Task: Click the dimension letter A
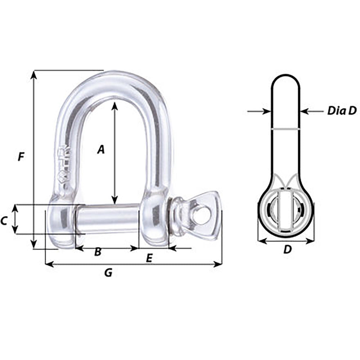click(101, 149)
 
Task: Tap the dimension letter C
click(4, 221)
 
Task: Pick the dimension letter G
click(108, 273)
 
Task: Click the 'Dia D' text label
click(341, 111)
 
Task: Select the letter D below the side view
click(287, 249)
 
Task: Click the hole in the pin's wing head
click(202, 215)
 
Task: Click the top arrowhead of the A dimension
click(114, 105)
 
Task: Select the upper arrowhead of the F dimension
click(33, 74)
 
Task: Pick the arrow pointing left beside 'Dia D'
click(304, 112)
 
